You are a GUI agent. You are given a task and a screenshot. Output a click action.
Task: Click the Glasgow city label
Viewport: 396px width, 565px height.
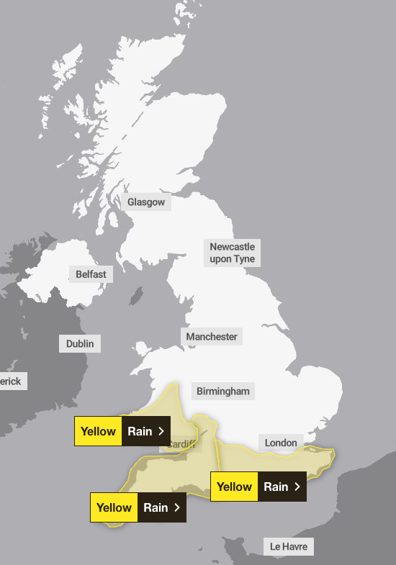click(x=146, y=202)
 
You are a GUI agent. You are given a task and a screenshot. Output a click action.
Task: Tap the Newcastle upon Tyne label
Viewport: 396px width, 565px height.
click(x=232, y=253)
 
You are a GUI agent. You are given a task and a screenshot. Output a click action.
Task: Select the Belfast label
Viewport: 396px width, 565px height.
click(x=91, y=274)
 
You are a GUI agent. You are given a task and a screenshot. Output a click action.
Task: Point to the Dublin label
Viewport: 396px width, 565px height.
click(x=80, y=344)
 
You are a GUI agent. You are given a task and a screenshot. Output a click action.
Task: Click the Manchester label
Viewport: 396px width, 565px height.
click(x=211, y=336)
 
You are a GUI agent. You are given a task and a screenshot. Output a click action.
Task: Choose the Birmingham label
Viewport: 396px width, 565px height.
click(x=223, y=392)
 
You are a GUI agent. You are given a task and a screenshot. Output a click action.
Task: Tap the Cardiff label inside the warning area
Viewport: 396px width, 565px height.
click(x=181, y=445)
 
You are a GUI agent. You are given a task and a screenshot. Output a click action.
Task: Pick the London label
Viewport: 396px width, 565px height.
click(x=281, y=443)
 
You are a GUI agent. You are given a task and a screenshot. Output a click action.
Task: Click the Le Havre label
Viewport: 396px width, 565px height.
click(x=289, y=547)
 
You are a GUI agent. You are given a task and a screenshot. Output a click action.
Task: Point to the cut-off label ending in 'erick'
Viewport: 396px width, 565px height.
click(x=11, y=381)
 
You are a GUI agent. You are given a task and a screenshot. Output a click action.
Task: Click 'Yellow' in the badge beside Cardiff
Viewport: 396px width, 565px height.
click(x=98, y=431)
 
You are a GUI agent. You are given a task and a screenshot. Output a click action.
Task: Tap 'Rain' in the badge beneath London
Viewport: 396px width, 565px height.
click(x=276, y=487)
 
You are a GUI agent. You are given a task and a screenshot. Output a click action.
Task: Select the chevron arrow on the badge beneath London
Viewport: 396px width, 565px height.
click(x=297, y=487)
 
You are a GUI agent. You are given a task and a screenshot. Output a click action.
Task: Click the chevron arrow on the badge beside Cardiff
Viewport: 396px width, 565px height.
click(x=161, y=431)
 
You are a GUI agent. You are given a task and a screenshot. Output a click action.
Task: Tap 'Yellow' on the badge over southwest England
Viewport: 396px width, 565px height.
click(x=114, y=507)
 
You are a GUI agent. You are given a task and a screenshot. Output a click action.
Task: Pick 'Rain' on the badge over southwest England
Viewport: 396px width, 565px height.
click(x=156, y=507)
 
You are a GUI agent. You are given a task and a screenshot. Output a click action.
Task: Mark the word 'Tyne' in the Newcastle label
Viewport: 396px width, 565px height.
click(x=243, y=259)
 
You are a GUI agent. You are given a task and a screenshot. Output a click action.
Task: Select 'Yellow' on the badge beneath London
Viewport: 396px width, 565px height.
click(x=234, y=487)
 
